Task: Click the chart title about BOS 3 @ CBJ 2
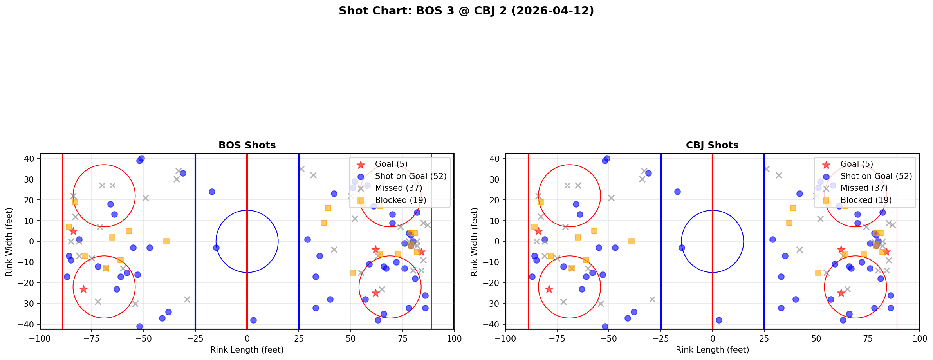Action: (x=466, y=11)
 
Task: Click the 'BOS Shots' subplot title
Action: (x=247, y=145)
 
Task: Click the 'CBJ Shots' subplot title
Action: (x=712, y=145)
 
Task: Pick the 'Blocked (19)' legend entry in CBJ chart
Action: (x=866, y=200)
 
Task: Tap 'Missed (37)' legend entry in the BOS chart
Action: (x=398, y=188)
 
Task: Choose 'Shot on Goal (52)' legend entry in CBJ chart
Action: (x=876, y=176)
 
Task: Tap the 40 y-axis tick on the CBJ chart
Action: (x=494, y=159)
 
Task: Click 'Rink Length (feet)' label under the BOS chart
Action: (x=247, y=350)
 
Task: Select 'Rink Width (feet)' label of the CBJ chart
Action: (x=475, y=242)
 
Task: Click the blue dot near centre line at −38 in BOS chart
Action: (x=253, y=320)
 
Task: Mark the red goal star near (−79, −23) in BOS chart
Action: (x=83, y=289)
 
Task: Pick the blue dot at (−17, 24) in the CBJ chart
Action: (x=677, y=192)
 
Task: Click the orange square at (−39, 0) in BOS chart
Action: (x=166, y=241)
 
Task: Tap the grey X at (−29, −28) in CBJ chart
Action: (x=652, y=299)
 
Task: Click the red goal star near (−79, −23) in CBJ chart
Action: (x=549, y=289)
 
